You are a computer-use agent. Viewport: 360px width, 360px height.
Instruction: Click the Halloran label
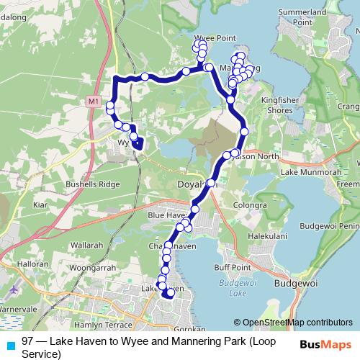(33, 264)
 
